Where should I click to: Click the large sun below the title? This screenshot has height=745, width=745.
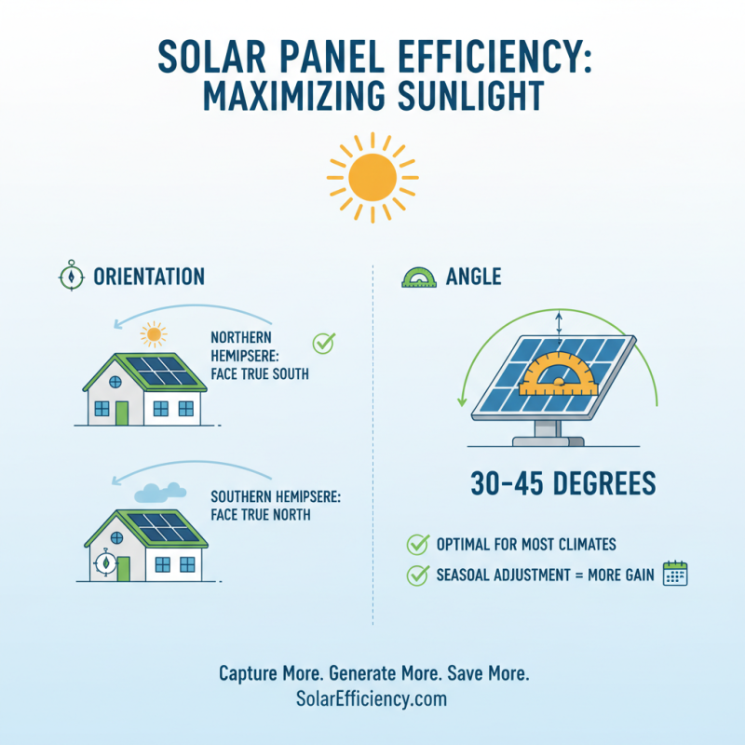[x=372, y=174]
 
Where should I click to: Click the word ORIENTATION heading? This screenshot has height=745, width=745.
[x=149, y=277]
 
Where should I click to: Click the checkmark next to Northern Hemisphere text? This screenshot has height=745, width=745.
[x=322, y=344]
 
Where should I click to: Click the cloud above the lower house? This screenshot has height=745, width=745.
[x=160, y=492]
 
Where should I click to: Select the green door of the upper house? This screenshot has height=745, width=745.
[x=122, y=411]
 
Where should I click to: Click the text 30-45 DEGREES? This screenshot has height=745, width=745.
[x=562, y=484]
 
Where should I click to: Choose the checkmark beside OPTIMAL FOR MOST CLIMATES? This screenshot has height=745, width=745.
[x=416, y=545]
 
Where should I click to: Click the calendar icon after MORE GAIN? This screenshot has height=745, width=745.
[x=674, y=574]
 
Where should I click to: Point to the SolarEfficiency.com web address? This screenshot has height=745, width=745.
[x=372, y=698]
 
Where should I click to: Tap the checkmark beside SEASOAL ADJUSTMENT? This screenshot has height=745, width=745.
[x=416, y=575]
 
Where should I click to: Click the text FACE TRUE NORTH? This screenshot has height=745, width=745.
[x=260, y=514]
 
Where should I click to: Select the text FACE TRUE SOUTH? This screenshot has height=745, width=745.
[x=260, y=374]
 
